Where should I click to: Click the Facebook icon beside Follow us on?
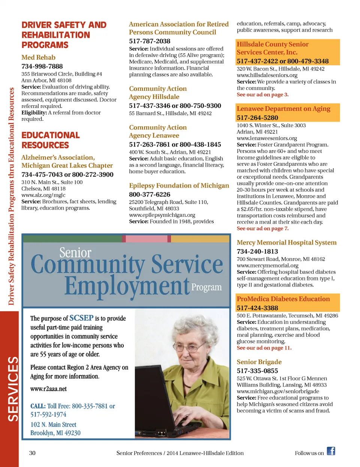[331, 451]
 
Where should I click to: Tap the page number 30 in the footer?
[32, 453]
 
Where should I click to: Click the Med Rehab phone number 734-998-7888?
[42, 66]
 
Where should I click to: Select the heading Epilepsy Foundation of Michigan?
[179, 186]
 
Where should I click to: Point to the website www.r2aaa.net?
[48, 389]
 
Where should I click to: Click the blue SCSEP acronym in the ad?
[81, 318]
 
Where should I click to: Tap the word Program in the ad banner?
[206, 287]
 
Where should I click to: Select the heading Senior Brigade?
[259, 362]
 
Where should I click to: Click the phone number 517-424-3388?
[257, 308]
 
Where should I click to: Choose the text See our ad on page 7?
[262, 228]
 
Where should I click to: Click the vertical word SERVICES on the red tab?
[13, 389]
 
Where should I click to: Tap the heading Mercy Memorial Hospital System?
[286, 243]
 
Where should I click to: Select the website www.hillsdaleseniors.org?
[267, 75]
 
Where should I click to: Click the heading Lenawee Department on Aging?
[283, 109]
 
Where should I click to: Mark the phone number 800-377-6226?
[150, 195]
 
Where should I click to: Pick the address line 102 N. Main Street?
[53, 425]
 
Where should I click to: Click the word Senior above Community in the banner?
[75, 253]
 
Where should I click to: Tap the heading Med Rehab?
[38, 57]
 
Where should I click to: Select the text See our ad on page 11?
[264, 348]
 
